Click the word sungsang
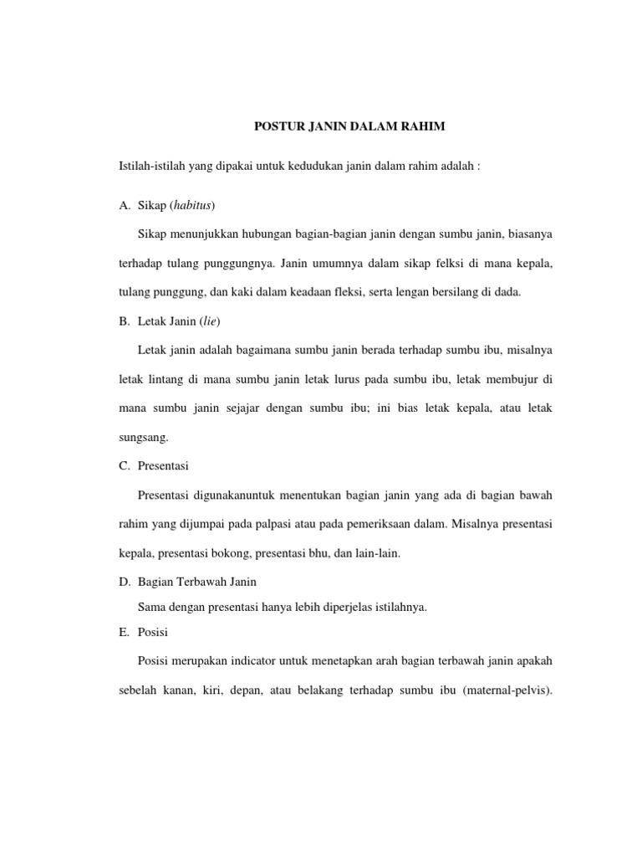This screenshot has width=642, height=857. coord(144,436)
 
